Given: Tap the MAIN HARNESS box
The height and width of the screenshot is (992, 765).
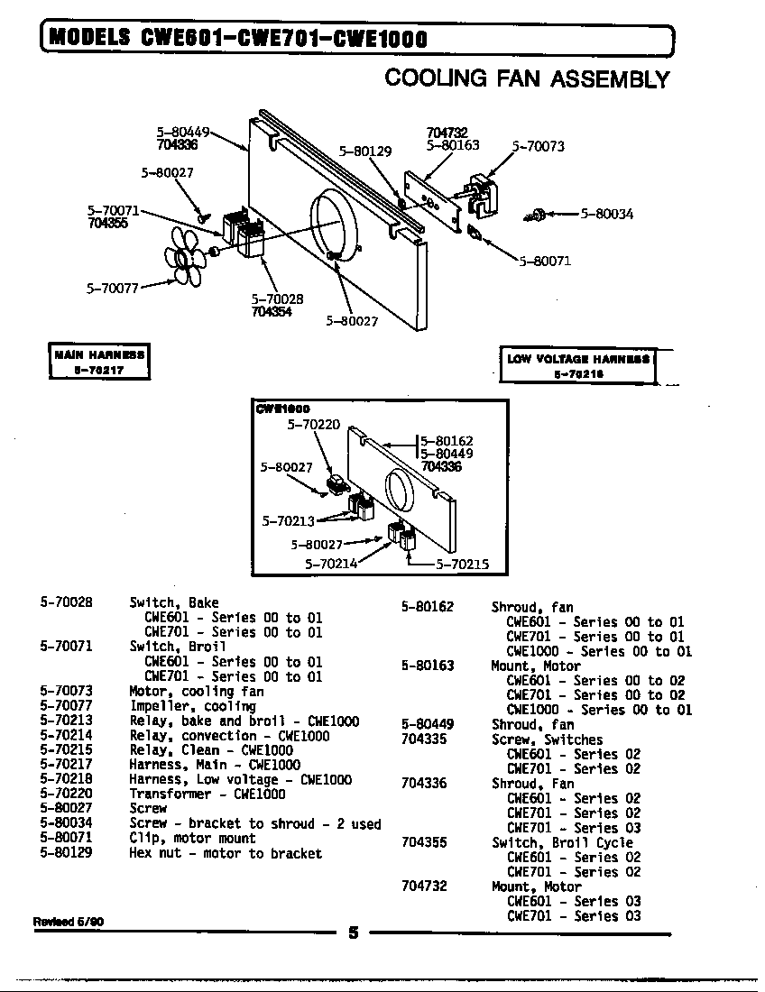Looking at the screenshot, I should pos(98,363).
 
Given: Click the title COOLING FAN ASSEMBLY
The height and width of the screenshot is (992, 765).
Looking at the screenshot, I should pos(527,78).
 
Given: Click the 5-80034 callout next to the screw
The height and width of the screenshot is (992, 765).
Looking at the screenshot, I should pos(606,214).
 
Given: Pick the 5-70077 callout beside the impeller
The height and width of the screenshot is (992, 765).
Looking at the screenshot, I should pos(112,289).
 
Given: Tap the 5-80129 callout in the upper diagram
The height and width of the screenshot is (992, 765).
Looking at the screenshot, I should pos(364,152).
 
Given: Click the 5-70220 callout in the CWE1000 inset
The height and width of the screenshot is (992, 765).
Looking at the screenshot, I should pos(313,424).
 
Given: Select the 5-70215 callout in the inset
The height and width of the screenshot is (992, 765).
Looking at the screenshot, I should pos(462,565).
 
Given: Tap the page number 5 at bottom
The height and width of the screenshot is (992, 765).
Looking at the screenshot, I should pos(354,933).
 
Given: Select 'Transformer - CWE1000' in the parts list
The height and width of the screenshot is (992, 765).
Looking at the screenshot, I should pos(207,795).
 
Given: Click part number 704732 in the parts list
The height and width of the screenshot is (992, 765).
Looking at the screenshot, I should pos(423,886).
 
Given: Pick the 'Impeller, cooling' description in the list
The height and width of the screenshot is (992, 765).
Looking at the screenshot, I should pos(180,706).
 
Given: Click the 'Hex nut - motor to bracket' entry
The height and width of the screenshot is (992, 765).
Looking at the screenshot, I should pos(225,853).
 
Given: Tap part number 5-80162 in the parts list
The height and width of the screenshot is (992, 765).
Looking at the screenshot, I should pos(427,607).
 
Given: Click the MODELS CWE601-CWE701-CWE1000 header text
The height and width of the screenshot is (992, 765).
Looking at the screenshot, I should pos(236,38).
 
